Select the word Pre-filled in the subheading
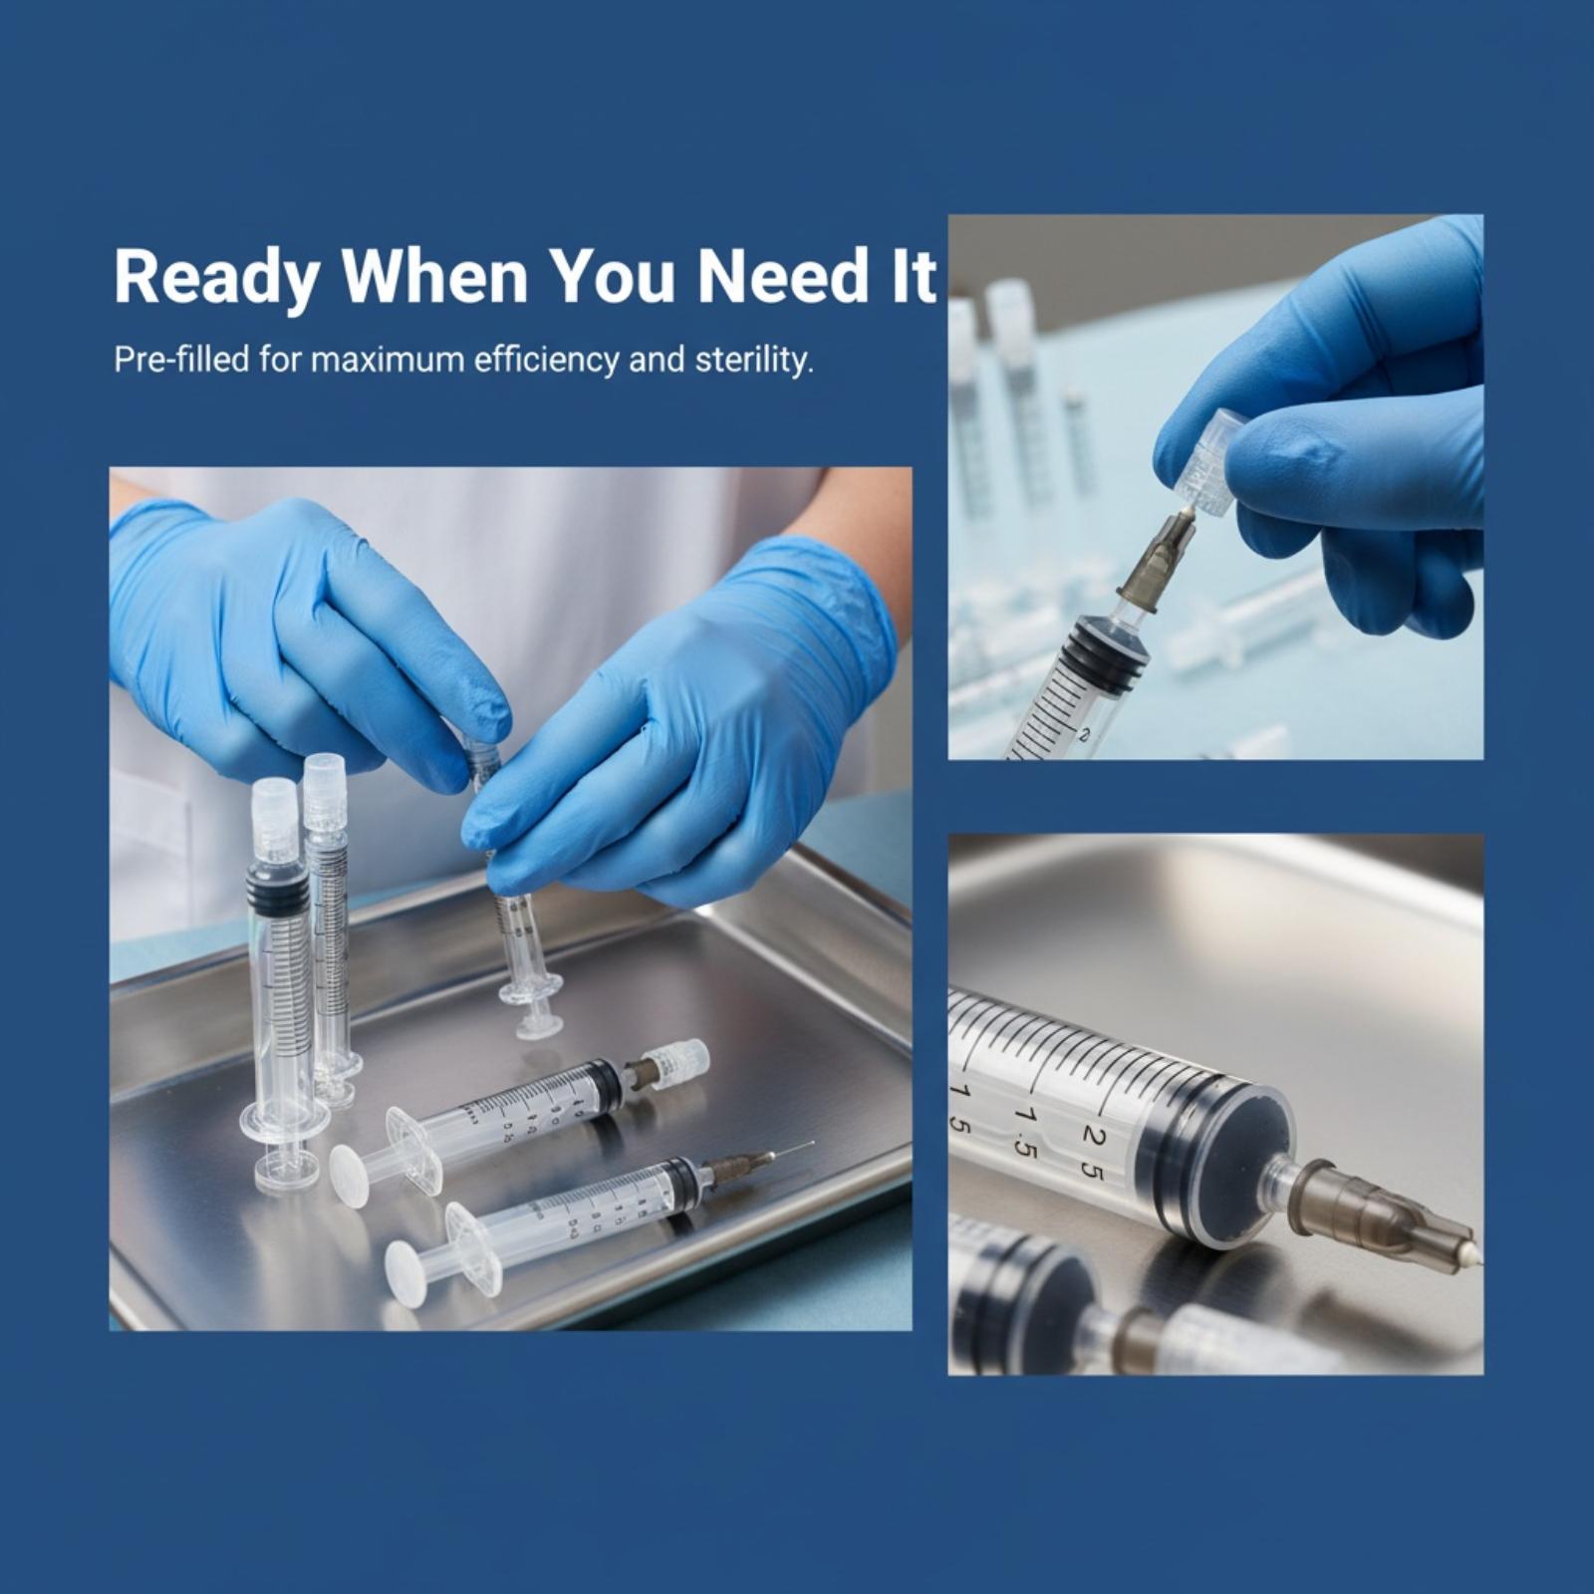[181, 359]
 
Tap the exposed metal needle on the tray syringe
[793, 1150]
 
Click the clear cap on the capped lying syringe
[677, 1061]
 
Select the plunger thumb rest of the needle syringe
[404, 1273]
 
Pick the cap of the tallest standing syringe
[275, 821]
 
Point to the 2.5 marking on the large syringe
[1093, 1152]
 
